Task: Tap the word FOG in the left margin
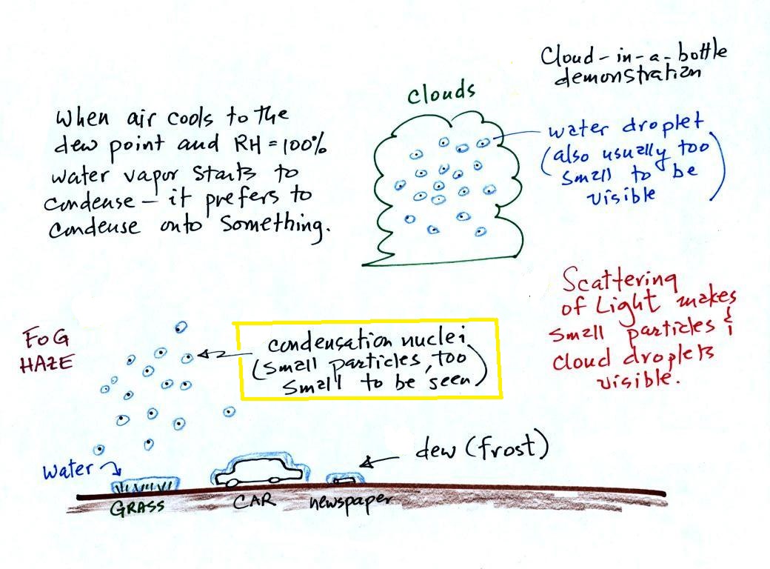click(47, 339)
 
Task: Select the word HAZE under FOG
click(47, 364)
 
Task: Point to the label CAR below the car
click(254, 501)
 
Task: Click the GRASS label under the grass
click(138, 508)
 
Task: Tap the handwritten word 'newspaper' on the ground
click(351, 503)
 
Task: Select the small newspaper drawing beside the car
click(344, 479)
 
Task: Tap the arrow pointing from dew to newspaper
click(378, 461)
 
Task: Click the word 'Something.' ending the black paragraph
click(273, 227)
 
